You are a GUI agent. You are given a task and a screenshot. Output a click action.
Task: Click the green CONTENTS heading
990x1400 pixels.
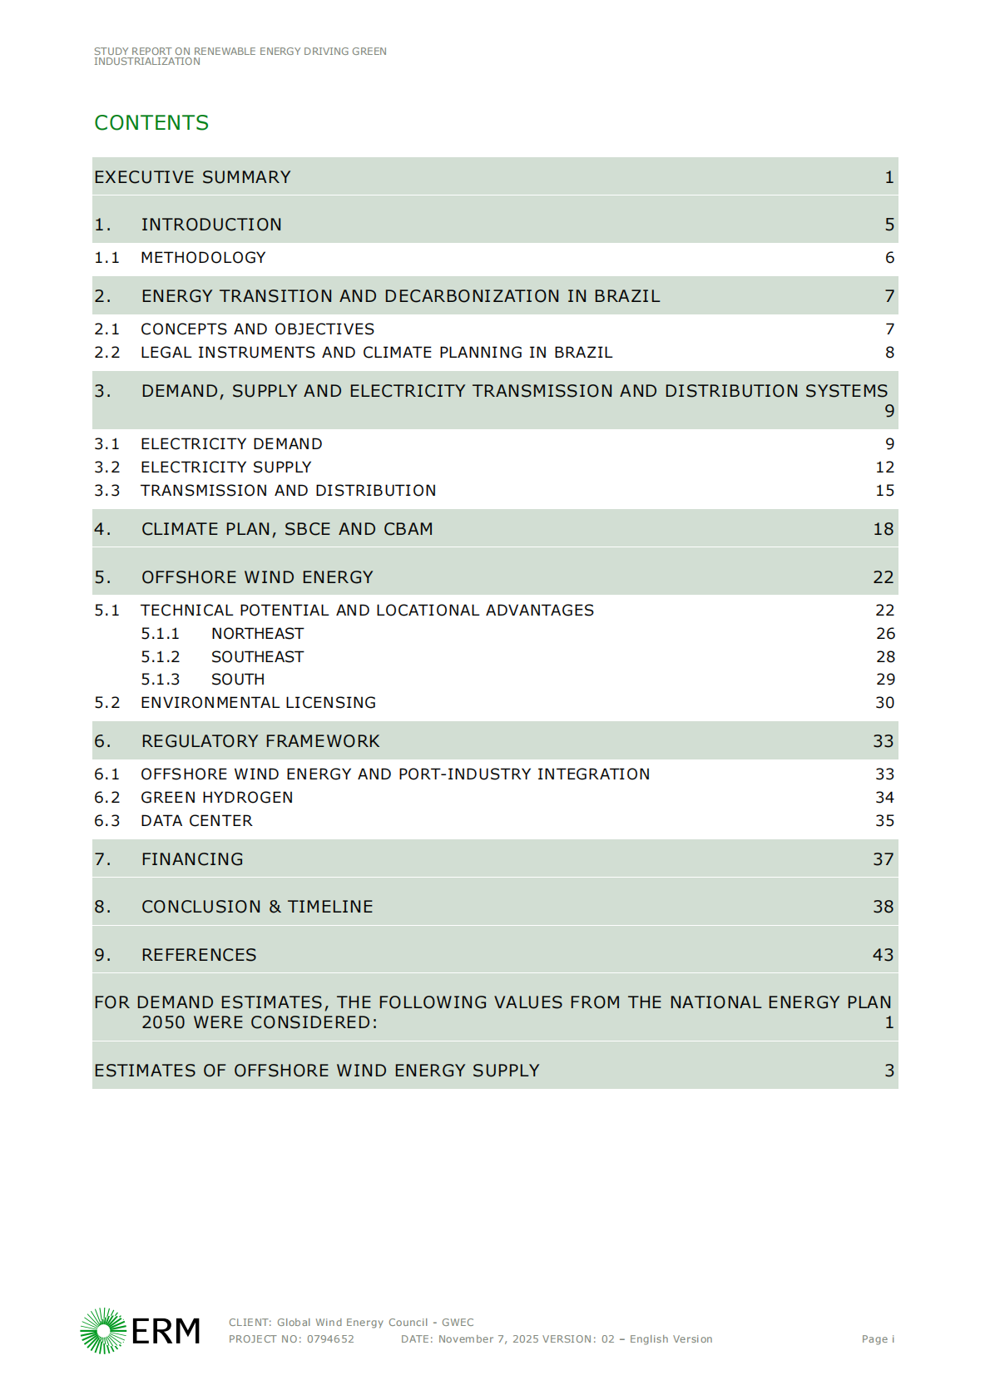tap(151, 123)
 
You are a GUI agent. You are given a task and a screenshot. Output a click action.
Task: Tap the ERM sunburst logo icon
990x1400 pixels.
tap(103, 1330)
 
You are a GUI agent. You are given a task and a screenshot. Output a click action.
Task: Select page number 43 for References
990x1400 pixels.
tap(883, 955)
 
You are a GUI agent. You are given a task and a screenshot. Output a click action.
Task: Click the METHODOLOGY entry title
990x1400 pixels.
tap(203, 258)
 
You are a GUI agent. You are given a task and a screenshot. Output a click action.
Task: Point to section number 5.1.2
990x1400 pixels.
tap(160, 657)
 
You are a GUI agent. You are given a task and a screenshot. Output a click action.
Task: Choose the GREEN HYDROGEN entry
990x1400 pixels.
tap(216, 798)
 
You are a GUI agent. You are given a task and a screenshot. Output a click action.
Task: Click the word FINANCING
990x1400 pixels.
tap(192, 859)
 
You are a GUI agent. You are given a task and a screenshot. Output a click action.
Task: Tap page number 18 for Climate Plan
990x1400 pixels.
tap(883, 529)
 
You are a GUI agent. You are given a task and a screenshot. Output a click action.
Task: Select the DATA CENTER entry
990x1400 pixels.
tap(196, 821)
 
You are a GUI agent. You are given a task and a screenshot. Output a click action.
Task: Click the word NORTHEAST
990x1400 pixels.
tap(257, 634)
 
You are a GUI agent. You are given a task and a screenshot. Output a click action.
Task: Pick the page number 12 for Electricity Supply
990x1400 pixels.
tap(884, 467)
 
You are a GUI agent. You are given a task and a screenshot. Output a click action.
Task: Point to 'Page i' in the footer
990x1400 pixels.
tap(878, 1339)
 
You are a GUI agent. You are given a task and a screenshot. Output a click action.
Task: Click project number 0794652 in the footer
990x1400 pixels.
tap(330, 1339)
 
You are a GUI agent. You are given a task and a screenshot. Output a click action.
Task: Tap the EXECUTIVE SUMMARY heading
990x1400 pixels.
tap(192, 177)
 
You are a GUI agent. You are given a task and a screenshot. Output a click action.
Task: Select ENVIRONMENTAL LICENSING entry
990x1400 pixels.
tap(258, 703)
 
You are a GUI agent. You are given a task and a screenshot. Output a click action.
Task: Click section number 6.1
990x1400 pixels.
tap(106, 774)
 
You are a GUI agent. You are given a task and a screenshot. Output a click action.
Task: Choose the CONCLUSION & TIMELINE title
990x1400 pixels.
tap(257, 907)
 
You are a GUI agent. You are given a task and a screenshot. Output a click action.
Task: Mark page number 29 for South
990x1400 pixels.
tap(885, 680)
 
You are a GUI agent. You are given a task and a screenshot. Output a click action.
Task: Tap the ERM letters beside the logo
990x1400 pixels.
tap(166, 1331)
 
